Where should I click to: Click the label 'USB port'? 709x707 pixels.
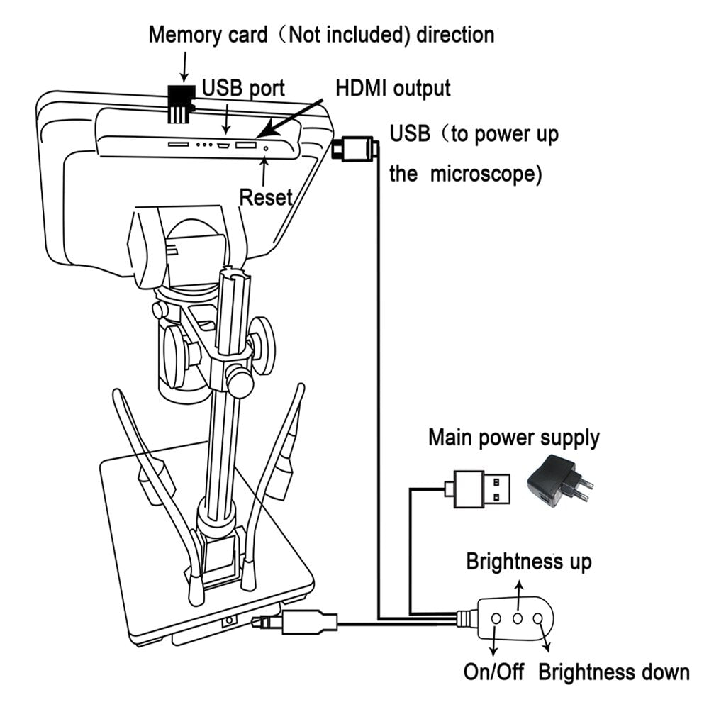coord(243,88)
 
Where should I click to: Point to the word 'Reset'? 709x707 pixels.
coord(266,196)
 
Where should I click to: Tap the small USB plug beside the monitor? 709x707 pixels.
coord(352,148)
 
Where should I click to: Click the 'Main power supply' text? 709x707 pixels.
coord(513,437)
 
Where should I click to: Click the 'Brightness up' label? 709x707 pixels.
coord(528,562)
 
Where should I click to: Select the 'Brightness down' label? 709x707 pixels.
coord(613,672)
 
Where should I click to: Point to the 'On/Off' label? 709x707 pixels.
coord(494,672)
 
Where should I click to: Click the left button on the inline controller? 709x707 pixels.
coord(496,618)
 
